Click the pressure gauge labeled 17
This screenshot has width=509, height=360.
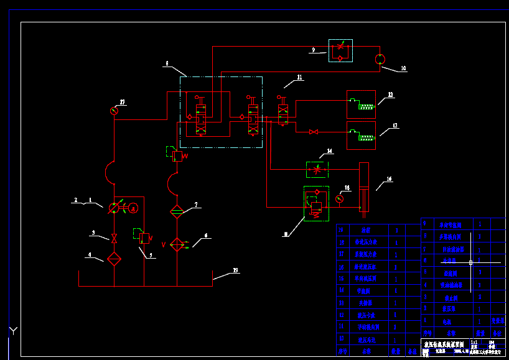tap(114, 111)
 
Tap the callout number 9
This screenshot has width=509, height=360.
tap(314, 50)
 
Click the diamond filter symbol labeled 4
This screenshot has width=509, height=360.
tap(114, 259)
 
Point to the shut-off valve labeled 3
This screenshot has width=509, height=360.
tap(114, 238)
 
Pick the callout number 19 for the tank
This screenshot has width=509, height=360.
tap(235, 270)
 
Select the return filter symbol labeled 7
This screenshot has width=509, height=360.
tap(176, 212)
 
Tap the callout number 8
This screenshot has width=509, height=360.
tap(166, 63)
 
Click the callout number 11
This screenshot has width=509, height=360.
tap(299, 78)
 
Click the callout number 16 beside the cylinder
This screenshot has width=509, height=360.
tap(389, 179)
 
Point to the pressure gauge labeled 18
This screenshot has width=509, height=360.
tap(339, 199)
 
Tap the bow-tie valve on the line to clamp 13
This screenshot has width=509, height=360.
tap(314, 132)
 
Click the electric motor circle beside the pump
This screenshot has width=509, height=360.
tap(133, 208)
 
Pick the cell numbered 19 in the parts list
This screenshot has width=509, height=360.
tap(341, 230)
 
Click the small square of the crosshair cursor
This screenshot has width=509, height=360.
tap(470, 262)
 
